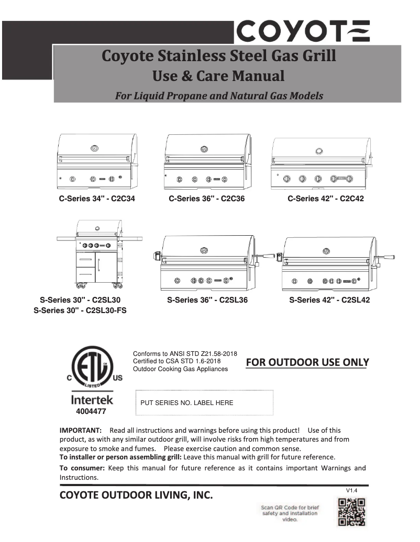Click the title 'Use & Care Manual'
click(x=218, y=76)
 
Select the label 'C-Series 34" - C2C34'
click(x=96, y=199)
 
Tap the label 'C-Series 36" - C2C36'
click(x=206, y=199)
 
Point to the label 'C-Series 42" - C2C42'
click(x=325, y=199)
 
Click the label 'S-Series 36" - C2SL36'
click(x=207, y=300)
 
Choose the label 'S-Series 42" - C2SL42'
click(x=329, y=300)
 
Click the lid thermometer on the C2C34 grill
click(x=94, y=147)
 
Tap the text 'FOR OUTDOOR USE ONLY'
click(x=307, y=362)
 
